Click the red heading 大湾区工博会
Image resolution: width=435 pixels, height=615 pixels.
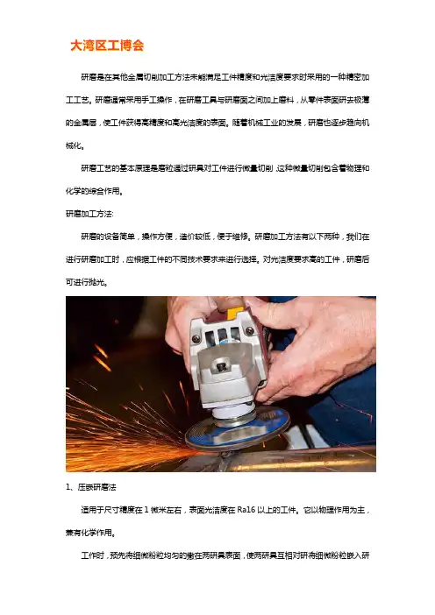coord(107,46)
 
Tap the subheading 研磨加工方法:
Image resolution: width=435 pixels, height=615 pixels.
coord(89,214)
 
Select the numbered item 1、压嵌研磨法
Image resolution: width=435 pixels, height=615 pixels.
coord(91,487)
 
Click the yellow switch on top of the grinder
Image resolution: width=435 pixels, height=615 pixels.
coord(235,313)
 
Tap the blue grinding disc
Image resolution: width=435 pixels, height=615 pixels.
coord(238,430)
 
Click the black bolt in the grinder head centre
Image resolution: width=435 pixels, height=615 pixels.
coord(222,367)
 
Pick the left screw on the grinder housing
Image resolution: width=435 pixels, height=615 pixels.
coord(196,338)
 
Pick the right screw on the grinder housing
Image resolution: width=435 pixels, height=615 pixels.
coord(249,330)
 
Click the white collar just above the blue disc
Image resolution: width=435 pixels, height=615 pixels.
coord(232,413)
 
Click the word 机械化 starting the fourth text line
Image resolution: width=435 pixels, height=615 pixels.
coord(74,145)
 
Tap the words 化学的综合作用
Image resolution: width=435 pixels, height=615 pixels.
coord(92,191)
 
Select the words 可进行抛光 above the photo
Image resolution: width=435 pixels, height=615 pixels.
coord(85,282)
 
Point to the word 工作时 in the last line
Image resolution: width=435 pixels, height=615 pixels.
coord(92,555)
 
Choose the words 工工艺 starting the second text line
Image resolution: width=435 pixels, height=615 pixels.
coord(77,100)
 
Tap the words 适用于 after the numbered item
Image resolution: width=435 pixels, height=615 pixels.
coord(92,510)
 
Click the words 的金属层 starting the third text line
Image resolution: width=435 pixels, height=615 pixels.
coord(81,123)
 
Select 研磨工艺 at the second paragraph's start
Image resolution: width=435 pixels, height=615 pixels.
coord(96,168)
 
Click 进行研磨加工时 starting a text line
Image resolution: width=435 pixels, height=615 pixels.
coord(92,259)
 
